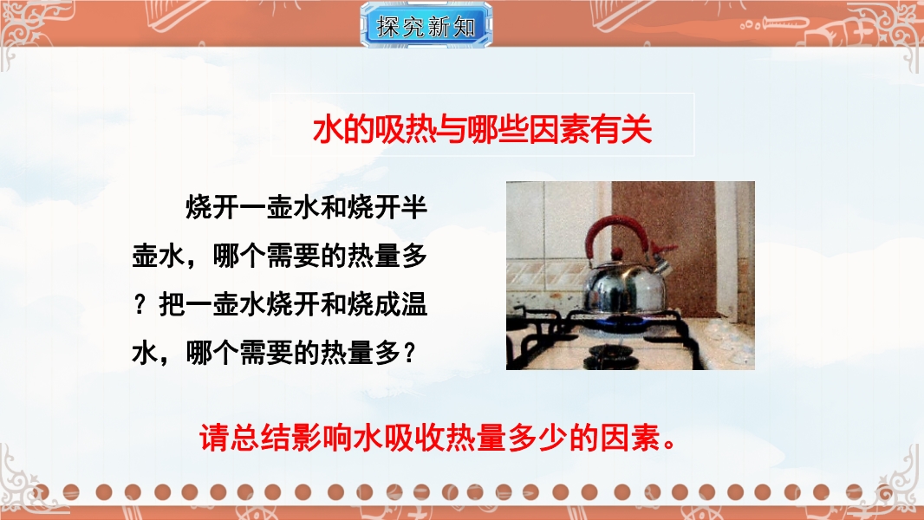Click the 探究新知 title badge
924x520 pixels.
point(426,25)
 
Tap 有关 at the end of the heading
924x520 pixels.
point(621,129)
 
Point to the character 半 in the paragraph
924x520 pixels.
point(413,207)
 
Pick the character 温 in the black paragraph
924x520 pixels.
point(413,304)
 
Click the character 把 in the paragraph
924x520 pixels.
point(172,304)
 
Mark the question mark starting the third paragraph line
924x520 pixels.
point(140,304)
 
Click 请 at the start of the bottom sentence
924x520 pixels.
point(214,438)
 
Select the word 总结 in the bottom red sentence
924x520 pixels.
point(260,438)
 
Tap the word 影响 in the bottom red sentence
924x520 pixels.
point(322,438)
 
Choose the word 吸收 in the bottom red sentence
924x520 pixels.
point(413,438)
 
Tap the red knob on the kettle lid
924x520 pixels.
point(616,254)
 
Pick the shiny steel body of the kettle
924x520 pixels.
point(623,287)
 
